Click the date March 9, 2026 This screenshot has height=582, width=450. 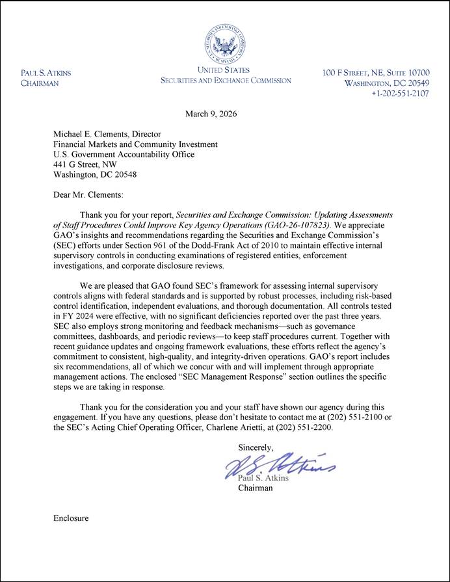pos(211,114)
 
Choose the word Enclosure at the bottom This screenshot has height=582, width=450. pos(71,518)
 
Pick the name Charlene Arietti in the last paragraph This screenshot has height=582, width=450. pos(238,428)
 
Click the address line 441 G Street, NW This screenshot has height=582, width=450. pos(85,165)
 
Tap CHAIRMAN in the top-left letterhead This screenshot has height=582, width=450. pos(40,83)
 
